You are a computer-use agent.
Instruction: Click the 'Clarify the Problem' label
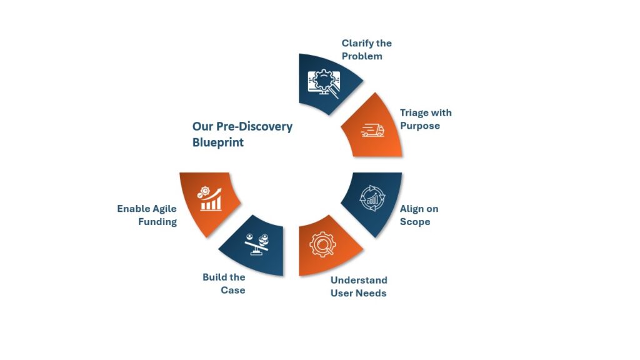366,49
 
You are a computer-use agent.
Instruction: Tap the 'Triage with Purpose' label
426,119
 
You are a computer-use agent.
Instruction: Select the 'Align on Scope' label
419,215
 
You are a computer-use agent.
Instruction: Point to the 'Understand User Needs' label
359,286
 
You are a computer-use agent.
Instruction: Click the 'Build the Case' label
224,284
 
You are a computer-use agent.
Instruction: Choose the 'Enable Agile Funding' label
147,215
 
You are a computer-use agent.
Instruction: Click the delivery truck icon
372,131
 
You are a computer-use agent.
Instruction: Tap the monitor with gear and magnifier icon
324,83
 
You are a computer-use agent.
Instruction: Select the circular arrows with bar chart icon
372,198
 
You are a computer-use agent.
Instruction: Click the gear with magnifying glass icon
322,244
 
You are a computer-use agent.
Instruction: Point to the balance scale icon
257,244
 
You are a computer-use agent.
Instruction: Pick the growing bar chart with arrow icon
210,199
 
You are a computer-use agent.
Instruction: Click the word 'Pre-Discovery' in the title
254,127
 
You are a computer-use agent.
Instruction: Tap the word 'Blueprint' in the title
218,142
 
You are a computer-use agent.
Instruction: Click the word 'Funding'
157,222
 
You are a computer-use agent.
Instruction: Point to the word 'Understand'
359,280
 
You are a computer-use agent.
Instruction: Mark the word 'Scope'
415,222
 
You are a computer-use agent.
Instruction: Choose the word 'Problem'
362,56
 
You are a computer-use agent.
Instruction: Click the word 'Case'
233,290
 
